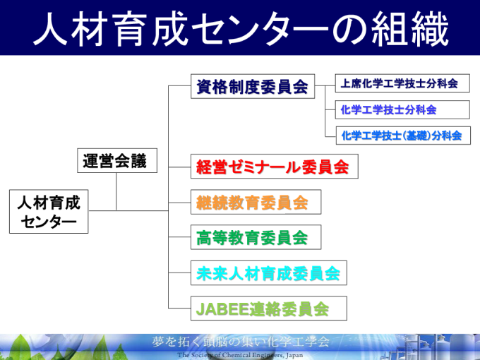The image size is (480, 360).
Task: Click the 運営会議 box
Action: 117,161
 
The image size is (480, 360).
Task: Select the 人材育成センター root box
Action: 49,212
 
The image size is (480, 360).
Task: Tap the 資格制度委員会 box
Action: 253,86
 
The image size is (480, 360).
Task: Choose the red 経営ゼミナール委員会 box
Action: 275,167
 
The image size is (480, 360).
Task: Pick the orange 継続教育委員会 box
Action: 256,202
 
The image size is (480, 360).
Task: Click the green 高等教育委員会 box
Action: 256,237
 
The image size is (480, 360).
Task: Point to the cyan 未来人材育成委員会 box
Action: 269,273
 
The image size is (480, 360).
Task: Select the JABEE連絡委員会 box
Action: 269,308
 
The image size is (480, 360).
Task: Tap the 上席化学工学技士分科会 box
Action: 402,83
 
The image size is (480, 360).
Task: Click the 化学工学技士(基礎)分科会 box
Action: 403,136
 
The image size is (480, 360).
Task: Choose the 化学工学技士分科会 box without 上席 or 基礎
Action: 402,109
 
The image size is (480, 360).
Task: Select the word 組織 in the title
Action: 410,29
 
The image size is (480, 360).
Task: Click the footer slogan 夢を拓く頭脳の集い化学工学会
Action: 241,342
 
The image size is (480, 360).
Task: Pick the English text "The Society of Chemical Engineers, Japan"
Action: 240,355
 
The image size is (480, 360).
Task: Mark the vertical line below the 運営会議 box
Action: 116,191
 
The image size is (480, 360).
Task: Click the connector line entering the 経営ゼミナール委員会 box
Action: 180,167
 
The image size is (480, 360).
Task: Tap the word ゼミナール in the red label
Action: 265,167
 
